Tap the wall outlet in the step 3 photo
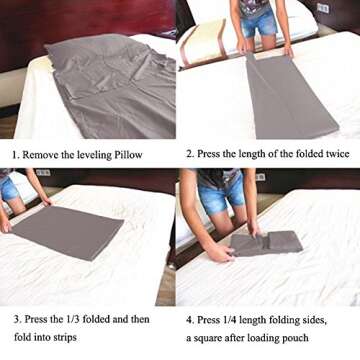pyautogui.click(x=43, y=173)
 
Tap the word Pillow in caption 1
pyautogui.click(x=148, y=155)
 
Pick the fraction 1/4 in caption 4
pyautogui.click(x=234, y=319)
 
